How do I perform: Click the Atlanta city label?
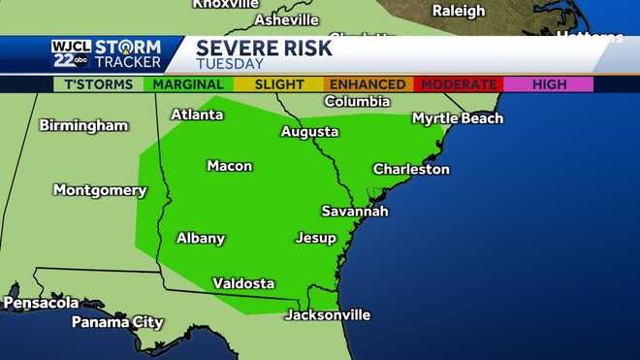(197, 115)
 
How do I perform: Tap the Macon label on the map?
(230, 166)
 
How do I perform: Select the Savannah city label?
(355, 211)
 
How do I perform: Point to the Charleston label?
(411, 169)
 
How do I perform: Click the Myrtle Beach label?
(458, 118)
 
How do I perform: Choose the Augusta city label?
(309, 132)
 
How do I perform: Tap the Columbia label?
(357, 101)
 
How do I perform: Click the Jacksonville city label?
(327, 315)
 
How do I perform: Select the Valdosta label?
(243, 283)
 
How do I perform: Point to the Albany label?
(201, 238)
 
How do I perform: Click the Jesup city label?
(315, 238)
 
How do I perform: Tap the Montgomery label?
(100, 190)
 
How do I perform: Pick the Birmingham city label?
(83, 125)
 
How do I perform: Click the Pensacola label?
(41, 303)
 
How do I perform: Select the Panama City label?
(117, 322)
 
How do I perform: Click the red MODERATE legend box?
(457, 84)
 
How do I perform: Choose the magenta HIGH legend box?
(549, 84)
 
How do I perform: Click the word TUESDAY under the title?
(230, 64)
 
